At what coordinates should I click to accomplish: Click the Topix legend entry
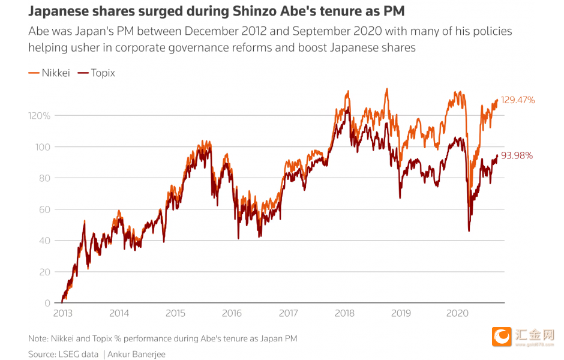tap(97, 73)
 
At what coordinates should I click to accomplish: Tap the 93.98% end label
tap(517, 156)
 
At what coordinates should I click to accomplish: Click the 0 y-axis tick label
tap(47, 303)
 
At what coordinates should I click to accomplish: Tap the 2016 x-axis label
tap(232, 313)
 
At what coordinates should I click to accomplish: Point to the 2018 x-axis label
tap(344, 313)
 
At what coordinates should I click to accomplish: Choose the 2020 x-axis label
tap(457, 313)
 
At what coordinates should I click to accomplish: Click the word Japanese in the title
tap(56, 12)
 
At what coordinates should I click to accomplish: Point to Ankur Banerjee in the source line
tap(137, 355)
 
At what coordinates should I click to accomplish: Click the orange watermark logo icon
tap(501, 337)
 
